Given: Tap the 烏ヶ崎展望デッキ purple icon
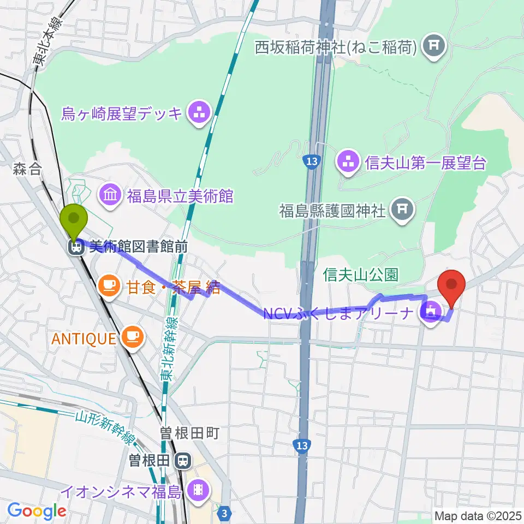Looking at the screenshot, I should [196, 114].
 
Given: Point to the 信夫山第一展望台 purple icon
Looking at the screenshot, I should [349, 162].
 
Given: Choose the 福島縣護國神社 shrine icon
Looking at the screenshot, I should [402, 209].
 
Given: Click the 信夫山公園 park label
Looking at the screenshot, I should [362, 275].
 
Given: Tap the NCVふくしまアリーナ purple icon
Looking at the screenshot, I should [431, 313].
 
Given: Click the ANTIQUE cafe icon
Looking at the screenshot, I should [132, 338].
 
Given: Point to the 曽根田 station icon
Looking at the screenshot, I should [183, 462].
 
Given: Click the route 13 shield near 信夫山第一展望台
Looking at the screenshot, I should [312, 162].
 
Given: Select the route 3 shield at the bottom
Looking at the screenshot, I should [224, 513].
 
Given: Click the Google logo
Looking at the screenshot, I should [37, 511].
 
